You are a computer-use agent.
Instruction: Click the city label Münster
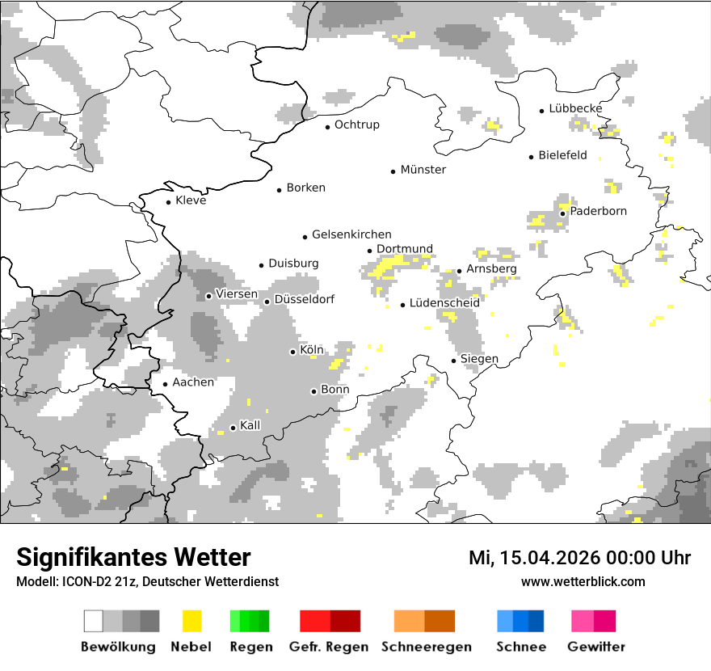coord(423,170)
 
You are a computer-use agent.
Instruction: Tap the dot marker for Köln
coord(292,352)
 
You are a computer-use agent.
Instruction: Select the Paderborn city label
coord(598,211)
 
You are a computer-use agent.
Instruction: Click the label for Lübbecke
coord(575,108)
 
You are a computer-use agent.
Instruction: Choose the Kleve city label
coord(191,200)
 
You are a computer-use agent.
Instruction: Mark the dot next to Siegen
coord(453,361)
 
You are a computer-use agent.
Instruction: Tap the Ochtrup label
coord(356,124)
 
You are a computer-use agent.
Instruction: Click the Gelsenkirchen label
coord(351,234)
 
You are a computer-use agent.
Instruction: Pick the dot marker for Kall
coord(233,428)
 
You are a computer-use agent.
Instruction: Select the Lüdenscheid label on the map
coord(444,302)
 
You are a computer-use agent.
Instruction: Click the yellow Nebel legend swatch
coord(191,621)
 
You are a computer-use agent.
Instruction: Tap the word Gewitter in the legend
coord(596,647)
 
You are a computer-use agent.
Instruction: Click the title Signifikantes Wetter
coord(133,558)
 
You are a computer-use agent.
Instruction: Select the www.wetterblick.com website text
coord(583,581)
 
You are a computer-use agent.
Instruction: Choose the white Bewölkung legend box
coord(93,621)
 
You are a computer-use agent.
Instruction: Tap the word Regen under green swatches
coord(250,647)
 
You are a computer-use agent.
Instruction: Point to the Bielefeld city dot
coord(531,157)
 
